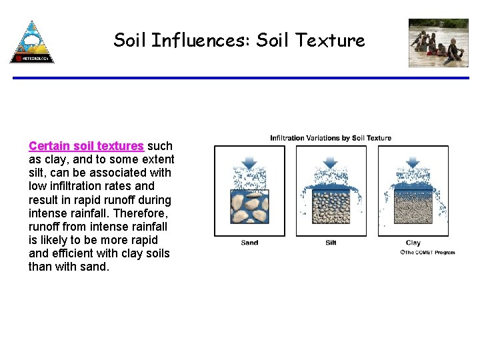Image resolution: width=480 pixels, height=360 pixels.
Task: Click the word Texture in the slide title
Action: (x=331, y=41)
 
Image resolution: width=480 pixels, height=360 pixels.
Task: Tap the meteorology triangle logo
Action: (x=31, y=41)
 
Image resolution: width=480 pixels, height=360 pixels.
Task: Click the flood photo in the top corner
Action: (x=438, y=43)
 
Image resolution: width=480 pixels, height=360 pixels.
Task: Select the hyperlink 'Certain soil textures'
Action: (x=86, y=146)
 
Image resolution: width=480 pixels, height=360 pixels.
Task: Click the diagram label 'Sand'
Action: (x=249, y=243)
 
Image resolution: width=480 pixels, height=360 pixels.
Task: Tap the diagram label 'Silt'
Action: (x=331, y=243)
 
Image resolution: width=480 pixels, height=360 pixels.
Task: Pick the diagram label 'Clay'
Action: (x=413, y=243)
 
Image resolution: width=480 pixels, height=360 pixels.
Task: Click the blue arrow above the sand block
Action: (x=249, y=162)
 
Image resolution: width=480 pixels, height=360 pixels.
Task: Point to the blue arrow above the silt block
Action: (x=331, y=162)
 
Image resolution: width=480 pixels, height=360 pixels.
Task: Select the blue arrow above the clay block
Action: (x=413, y=162)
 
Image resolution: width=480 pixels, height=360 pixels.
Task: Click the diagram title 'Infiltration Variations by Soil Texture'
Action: (x=331, y=138)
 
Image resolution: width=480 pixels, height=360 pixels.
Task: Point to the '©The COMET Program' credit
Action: (x=427, y=253)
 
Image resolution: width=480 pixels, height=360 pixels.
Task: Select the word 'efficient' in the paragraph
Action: (x=73, y=253)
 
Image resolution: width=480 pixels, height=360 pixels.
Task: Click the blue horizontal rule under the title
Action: (x=240, y=78)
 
